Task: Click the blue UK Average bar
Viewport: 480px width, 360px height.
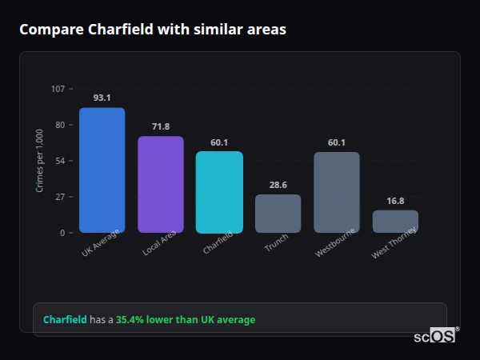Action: (102, 170)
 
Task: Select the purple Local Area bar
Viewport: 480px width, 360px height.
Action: (160, 185)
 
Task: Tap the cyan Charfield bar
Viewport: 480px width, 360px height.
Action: (219, 192)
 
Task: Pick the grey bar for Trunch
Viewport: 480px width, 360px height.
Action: (278, 214)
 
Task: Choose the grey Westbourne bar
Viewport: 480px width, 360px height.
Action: (336, 192)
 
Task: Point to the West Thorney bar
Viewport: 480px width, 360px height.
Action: (395, 222)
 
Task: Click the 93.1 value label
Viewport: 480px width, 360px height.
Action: (102, 98)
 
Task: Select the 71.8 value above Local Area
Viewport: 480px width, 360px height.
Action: (160, 126)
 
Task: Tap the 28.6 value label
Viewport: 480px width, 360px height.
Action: (278, 185)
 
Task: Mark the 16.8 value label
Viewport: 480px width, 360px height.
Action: (395, 201)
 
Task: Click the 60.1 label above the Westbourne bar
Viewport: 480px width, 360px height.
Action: (336, 142)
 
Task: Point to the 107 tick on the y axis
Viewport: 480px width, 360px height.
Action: (58, 89)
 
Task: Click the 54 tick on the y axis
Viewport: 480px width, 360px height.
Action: (61, 161)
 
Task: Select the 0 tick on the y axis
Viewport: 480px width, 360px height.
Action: (62, 233)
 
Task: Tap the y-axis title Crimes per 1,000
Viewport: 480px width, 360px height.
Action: (40, 160)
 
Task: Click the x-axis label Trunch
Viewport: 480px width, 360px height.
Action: (276, 243)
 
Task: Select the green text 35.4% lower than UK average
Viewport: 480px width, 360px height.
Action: (186, 320)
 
